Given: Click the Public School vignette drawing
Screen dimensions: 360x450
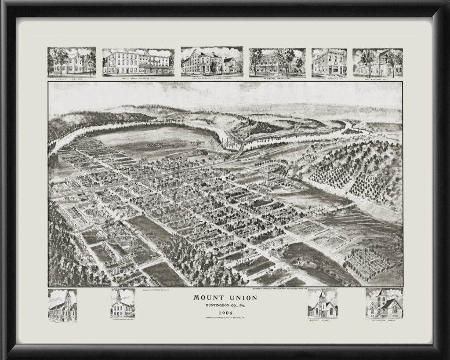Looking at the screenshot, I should tap(72, 61).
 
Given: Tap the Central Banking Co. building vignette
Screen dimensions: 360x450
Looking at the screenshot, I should tap(329, 62).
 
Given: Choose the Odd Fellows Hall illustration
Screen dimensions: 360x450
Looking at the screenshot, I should tap(377, 62).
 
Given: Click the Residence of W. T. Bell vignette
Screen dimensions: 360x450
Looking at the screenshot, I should tap(277, 62).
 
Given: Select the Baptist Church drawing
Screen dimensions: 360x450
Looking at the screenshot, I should tap(323, 304).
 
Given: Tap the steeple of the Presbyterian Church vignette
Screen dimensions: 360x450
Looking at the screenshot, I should tap(119, 294).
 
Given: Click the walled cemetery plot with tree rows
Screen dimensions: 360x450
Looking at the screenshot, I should tap(367, 263).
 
